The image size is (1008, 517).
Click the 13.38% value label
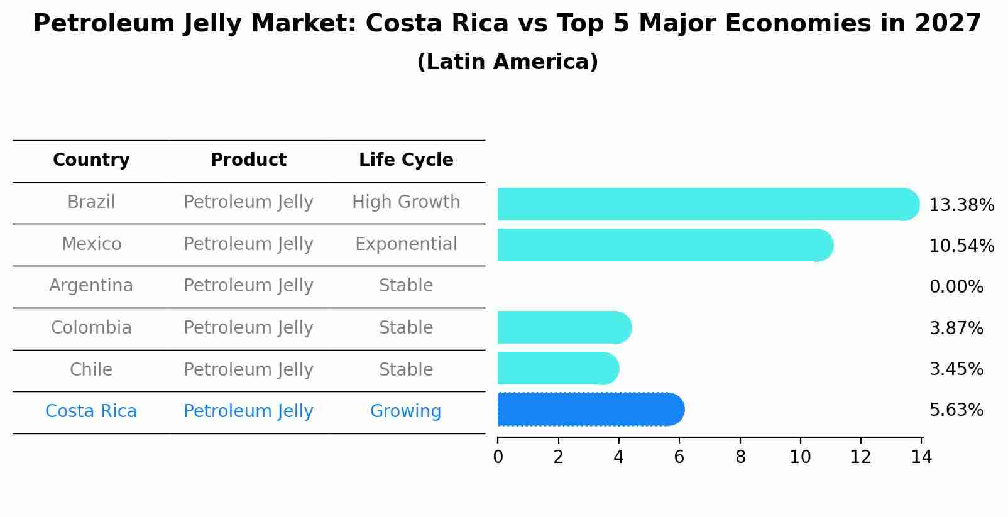[961, 205]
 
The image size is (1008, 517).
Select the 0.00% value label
[956, 287]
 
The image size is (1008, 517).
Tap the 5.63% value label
[956, 410]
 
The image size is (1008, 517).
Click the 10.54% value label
[961, 246]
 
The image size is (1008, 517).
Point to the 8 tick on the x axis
[740, 457]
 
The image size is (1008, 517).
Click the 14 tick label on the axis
[921, 457]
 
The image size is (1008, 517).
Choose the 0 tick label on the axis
[498, 457]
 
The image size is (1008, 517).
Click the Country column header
[91, 160]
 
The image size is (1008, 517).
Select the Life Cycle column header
[406, 160]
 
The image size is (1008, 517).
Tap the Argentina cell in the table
[91, 286]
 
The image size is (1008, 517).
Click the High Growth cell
[406, 202]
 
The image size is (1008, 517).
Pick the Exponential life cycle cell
[406, 244]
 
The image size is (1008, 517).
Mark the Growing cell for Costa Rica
[405, 411]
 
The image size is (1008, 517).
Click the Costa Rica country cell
[91, 411]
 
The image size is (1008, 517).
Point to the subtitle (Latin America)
[507, 62]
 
